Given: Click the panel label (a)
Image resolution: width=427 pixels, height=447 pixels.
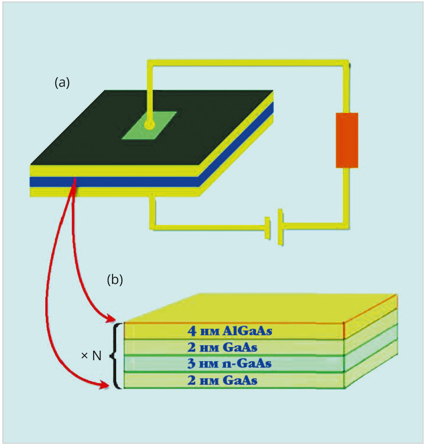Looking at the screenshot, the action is click(x=62, y=83).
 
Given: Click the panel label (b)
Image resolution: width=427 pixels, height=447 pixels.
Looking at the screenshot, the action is click(x=115, y=279).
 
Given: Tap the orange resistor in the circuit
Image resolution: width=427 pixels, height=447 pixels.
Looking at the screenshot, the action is click(x=347, y=140).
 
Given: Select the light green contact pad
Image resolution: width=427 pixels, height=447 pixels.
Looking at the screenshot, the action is click(x=149, y=125).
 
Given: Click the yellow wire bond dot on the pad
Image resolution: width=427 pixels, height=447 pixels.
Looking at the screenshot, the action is click(x=149, y=124).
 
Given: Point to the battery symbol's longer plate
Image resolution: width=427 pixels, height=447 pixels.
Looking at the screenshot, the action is click(x=280, y=227).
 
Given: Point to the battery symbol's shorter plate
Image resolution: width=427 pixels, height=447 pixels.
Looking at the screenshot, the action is click(x=267, y=228).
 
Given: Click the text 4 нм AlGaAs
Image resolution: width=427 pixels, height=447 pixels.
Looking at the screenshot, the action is click(x=230, y=331).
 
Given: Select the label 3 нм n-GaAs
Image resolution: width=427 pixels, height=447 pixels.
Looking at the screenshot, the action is click(x=230, y=363).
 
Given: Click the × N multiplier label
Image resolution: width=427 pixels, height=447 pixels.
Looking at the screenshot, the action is click(x=91, y=356).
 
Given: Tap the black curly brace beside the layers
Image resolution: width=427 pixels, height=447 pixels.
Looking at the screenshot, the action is click(x=116, y=356).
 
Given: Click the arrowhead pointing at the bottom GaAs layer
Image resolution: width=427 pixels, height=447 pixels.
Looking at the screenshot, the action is click(x=105, y=385).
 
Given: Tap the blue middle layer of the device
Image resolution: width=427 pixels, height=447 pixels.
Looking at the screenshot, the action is click(x=114, y=182).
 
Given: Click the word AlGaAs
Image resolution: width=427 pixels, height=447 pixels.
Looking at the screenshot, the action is click(x=247, y=331).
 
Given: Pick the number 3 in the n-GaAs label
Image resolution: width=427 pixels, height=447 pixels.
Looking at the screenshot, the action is click(x=191, y=363).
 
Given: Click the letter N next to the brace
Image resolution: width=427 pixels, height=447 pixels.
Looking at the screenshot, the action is click(x=97, y=356).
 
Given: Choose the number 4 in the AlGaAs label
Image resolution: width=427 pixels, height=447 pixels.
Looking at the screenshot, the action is click(x=192, y=331).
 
